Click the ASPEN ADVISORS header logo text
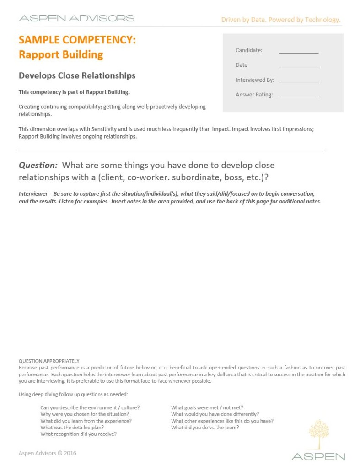[76, 18]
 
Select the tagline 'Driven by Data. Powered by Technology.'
[281, 20]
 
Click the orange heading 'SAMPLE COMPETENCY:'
[77, 40]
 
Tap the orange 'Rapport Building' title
[61, 55]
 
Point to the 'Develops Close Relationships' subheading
[77, 75]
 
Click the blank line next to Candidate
[299, 53]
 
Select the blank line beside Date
[299, 67]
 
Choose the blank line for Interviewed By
[299, 82]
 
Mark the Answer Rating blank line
[299, 96]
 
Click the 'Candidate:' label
[249, 50]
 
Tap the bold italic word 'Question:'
[38, 165]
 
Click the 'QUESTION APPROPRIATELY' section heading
[49, 361]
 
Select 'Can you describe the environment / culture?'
[90, 407]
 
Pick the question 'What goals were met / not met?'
[207, 407]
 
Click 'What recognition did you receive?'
[78, 434]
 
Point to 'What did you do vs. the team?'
[205, 428]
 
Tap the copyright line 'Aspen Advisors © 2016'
[48, 453]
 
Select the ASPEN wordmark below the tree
[318, 456]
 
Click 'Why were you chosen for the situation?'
[85, 414]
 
